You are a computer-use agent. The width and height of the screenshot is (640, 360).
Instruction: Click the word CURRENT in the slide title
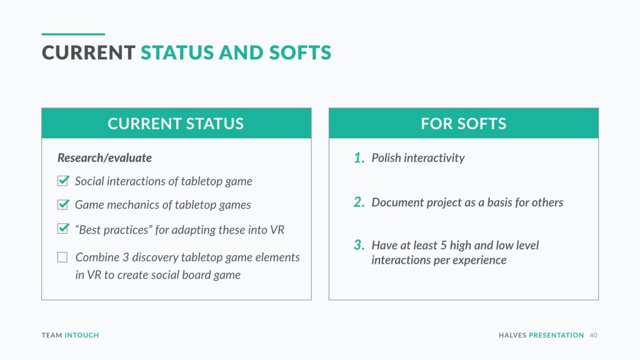(x=89, y=52)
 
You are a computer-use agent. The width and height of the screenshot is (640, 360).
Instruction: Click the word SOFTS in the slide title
(x=300, y=52)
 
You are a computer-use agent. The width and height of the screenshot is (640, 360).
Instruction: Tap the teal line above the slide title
(x=73, y=34)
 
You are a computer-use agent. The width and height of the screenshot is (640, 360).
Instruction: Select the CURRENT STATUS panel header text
(x=176, y=124)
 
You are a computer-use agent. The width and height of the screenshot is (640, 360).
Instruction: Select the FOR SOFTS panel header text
(x=463, y=124)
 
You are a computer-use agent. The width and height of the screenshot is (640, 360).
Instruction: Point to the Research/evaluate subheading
(x=104, y=158)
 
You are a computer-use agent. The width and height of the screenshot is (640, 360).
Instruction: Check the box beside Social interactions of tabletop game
(x=63, y=181)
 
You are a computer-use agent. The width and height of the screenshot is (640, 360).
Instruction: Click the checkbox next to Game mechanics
(x=63, y=204)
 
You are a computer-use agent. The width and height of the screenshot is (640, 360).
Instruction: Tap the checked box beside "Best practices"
(x=63, y=229)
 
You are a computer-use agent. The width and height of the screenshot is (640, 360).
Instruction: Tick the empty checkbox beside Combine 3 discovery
(x=62, y=257)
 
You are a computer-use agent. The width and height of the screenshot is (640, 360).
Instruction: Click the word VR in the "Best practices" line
(x=277, y=230)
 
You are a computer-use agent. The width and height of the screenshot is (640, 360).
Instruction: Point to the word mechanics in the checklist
(x=133, y=204)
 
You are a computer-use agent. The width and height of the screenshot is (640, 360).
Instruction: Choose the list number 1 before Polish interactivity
(x=359, y=157)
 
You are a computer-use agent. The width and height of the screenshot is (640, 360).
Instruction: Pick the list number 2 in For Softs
(x=359, y=202)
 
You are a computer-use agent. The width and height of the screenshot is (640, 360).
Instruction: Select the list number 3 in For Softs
(x=359, y=245)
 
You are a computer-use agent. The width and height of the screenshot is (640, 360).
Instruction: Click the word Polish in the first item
(x=386, y=158)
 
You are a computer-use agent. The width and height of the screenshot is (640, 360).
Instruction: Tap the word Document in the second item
(x=397, y=202)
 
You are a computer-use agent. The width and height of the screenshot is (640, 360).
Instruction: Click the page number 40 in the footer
(x=594, y=335)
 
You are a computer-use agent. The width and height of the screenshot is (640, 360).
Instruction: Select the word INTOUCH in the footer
(x=82, y=335)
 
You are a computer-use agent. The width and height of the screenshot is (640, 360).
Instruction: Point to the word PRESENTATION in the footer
(x=556, y=335)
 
